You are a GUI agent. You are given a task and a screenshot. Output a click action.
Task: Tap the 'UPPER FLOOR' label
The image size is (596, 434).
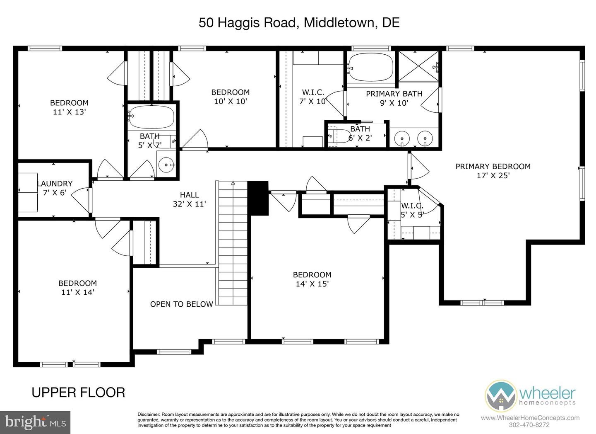point(78,392)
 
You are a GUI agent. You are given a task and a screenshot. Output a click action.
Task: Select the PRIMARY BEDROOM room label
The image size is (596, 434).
point(493,166)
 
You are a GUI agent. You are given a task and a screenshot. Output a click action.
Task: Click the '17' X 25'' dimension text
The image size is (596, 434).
point(493,176)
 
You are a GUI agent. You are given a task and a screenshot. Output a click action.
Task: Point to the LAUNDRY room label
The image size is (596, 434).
point(55,183)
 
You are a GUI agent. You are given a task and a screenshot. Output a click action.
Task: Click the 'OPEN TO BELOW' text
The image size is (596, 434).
point(181,304)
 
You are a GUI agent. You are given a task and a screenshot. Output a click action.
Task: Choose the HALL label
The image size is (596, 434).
point(189,194)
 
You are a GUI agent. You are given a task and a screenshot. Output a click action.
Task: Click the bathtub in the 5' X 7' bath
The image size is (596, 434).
point(151,117)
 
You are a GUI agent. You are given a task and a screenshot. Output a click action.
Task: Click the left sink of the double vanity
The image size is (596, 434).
point(401,137)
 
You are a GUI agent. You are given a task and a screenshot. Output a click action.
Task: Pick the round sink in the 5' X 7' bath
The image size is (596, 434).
point(166,165)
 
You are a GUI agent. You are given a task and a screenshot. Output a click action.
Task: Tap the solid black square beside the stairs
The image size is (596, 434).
point(258,198)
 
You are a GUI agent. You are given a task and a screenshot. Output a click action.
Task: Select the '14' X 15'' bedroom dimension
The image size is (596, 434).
point(312,284)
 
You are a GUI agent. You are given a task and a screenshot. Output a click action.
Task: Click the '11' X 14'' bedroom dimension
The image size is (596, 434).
point(77,293)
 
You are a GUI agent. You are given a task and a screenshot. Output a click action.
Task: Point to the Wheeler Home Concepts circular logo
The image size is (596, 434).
point(501,395)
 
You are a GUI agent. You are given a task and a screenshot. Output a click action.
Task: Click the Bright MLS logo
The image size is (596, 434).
point(35,422)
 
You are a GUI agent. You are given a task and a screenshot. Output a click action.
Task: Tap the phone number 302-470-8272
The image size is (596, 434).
point(530,425)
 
